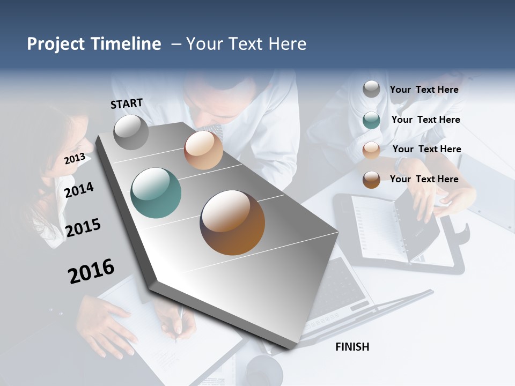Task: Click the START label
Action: click(x=127, y=103)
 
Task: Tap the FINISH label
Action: click(x=352, y=347)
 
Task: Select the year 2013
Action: click(x=75, y=159)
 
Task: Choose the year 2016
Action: click(x=91, y=271)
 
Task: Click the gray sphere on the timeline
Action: click(x=131, y=132)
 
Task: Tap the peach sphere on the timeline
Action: click(x=203, y=150)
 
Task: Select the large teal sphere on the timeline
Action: click(x=156, y=193)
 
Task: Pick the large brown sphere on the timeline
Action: click(x=232, y=222)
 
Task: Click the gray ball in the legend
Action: click(x=371, y=90)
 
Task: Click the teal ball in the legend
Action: click(x=371, y=120)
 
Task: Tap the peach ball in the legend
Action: click(x=371, y=150)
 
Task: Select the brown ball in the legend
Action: click(x=371, y=180)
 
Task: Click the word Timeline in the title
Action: click(x=126, y=44)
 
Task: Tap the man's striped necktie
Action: click(x=216, y=130)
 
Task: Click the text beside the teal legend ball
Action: click(x=425, y=120)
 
